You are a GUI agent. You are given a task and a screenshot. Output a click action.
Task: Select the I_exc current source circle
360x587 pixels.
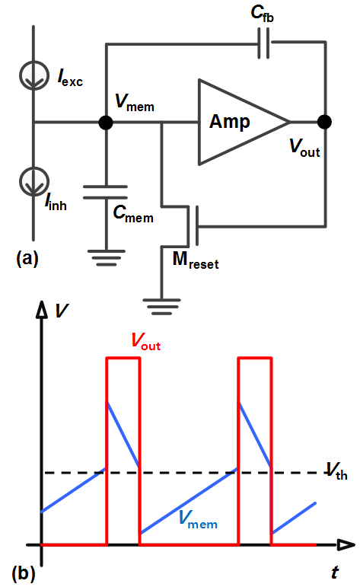pos(34,75)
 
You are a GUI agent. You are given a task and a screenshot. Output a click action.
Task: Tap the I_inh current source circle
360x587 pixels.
pos(34,181)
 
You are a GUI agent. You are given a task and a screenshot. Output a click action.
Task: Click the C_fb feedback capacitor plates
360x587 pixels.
pos(264,43)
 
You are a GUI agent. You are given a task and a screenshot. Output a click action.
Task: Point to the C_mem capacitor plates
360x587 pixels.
pos(106,192)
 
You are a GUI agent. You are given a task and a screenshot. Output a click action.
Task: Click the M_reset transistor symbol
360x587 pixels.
pos(189,226)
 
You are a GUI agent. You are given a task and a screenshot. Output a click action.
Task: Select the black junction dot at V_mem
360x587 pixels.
pos(106,122)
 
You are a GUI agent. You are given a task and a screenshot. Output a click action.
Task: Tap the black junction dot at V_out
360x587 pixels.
pos(324,122)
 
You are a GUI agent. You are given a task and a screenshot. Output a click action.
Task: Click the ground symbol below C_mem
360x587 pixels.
pos(106,257)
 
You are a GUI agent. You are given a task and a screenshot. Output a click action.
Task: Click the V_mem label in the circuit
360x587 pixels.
pos(135,102)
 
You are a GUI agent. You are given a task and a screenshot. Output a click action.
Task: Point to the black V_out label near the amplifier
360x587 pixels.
pos(305,147)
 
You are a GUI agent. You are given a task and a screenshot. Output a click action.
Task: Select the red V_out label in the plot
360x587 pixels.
pos(146,341)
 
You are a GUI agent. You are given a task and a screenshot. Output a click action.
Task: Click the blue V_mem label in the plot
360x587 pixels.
pos(198,519)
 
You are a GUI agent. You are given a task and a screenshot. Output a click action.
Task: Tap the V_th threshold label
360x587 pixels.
pos(337,471)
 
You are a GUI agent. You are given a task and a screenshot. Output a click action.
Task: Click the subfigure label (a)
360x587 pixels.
pos(27,258)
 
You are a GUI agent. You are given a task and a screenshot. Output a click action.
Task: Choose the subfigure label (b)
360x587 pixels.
pos(24,573)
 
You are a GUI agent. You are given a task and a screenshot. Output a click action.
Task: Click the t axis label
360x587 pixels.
pos(335,573)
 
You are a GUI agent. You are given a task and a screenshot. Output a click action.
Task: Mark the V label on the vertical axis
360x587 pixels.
pos(62,311)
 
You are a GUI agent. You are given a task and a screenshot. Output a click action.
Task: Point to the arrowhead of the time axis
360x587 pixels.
pos(346,544)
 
